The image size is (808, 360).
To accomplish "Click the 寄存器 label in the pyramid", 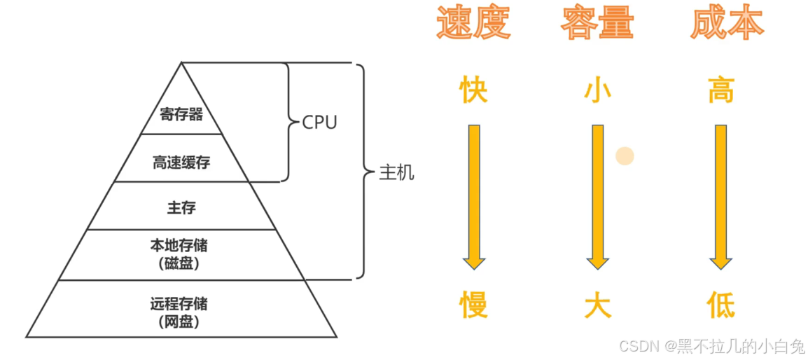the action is (181, 114).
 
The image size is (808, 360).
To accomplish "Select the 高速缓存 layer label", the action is (181, 163).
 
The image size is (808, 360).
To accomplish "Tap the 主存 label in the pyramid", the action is (181, 207).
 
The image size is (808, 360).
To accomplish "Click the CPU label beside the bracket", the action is (319, 123).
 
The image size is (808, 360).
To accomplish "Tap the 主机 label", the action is (396, 173).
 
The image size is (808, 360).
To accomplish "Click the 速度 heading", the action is (473, 23).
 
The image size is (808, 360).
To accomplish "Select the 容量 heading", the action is (597, 23).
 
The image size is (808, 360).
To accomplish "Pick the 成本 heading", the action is (726, 23).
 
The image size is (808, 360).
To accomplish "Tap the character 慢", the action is (473, 305).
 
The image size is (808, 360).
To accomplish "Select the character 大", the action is (597, 305).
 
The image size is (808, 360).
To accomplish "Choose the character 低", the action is (720, 305).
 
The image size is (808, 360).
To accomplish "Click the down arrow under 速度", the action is (474, 196).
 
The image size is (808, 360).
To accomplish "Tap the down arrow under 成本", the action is (720, 196).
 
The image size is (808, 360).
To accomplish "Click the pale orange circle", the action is (625, 155).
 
